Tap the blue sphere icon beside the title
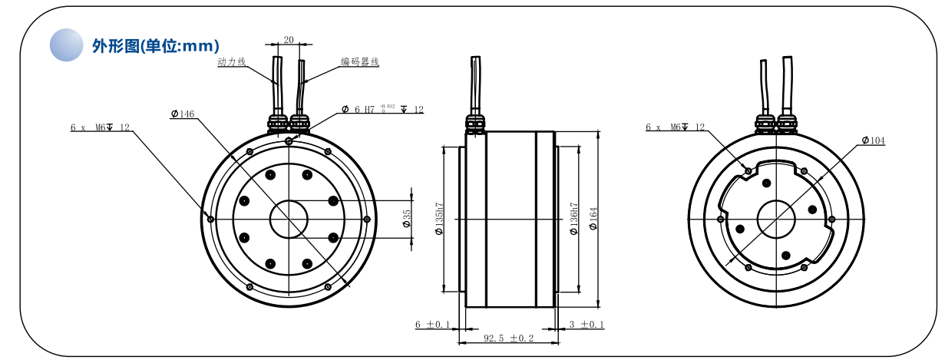(66, 45)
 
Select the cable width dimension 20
(289, 39)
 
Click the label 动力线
(231, 61)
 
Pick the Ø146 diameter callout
(183, 114)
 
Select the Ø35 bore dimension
(407, 220)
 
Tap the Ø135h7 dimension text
(439, 220)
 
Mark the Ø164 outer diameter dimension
(593, 220)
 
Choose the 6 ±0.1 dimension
(432, 325)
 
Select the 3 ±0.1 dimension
(587, 325)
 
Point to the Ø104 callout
(873, 140)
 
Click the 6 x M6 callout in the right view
(676, 127)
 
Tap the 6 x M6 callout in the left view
(100, 127)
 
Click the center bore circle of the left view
(288, 220)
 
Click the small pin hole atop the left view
(288, 140)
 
